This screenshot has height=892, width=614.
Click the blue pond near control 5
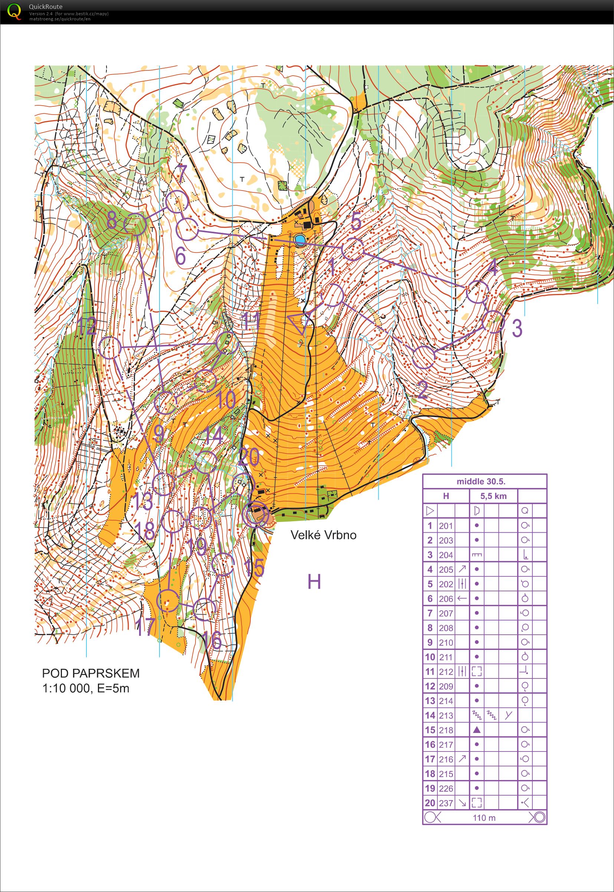(x=300, y=240)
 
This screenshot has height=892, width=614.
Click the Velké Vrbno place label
(x=323, y=535)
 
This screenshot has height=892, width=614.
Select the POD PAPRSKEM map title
(x=91, y=673)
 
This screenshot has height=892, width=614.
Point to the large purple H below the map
(x=314, y=582)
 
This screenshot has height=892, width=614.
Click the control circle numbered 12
(x=109, y=348)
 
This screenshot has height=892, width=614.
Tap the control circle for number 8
(x=135, y=225)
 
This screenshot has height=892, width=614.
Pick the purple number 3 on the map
(x=518, y=328)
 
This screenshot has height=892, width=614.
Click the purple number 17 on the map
(x=145, y=627)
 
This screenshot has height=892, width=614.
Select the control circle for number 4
(x=477, y=292)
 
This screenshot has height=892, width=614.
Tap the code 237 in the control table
(x=446, y=803)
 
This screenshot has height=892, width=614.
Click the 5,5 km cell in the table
(x=493, y=496)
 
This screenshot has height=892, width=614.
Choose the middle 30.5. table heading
(x=481, y=481)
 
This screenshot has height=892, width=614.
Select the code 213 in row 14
(x=446, y=716)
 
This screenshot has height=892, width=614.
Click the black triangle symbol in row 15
(x=477, y=730)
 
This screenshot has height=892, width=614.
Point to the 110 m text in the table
(x=484, y=818)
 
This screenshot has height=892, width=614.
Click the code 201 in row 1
(x=446, y=526)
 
